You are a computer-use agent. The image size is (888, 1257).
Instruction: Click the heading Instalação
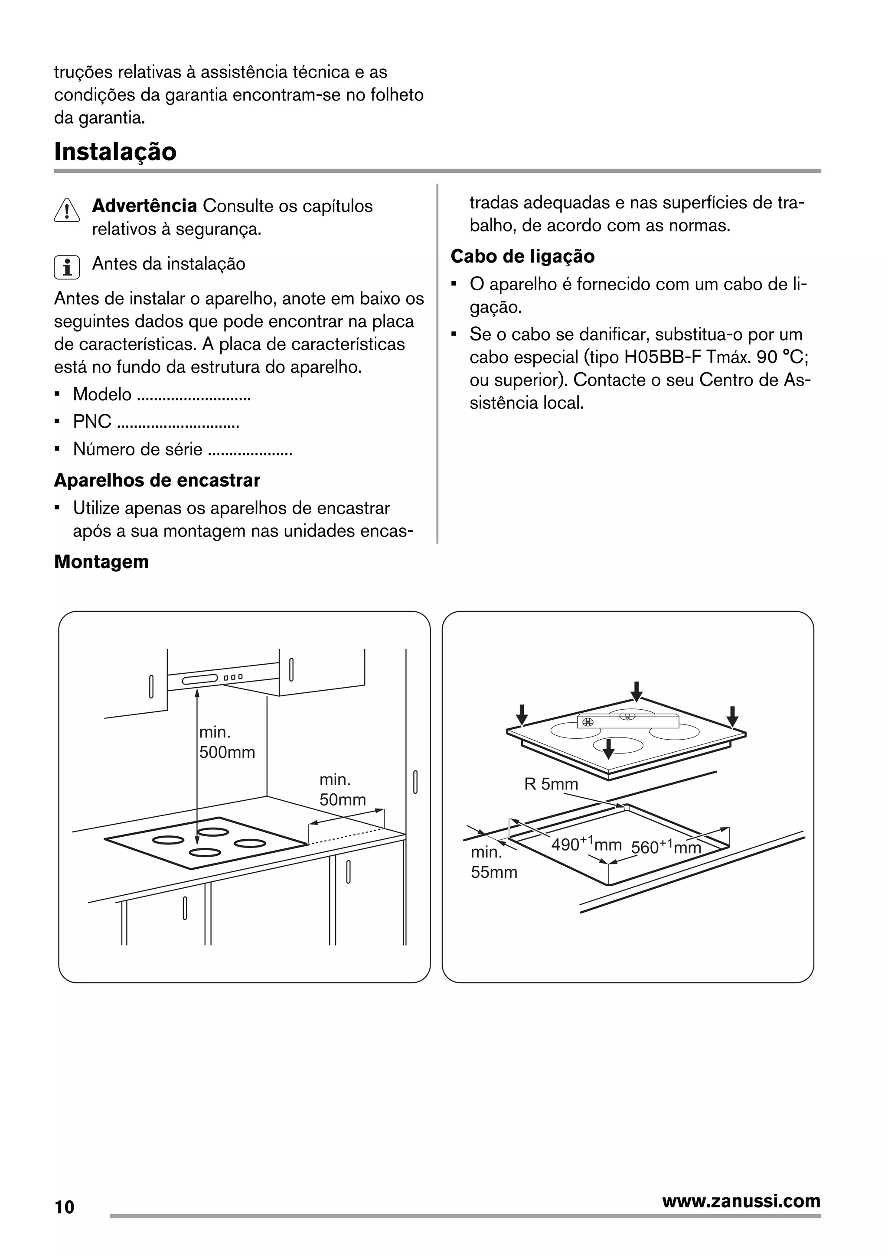[115, 152]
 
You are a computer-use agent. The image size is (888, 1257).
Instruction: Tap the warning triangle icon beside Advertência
[67, 210]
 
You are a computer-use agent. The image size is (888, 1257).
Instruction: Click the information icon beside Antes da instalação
[67, 267]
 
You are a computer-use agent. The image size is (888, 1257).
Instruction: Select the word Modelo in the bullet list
[102, 394]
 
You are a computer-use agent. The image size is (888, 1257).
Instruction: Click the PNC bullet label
[91, 422]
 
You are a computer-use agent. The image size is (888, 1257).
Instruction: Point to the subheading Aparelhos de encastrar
[157, 480]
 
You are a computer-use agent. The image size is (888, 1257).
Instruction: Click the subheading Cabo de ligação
[522, 256]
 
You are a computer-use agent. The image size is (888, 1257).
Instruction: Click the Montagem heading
[101, 562]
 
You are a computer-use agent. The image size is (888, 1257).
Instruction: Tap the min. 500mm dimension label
[226, 742]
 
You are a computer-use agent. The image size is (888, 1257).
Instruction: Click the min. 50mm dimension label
[343, 789]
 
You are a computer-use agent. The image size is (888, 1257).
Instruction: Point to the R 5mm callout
[551, 784]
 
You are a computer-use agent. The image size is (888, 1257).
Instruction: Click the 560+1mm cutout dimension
[665, 847]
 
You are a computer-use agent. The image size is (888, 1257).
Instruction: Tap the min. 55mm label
[493, 862]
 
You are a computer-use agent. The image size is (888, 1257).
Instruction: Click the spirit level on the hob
[627, 721]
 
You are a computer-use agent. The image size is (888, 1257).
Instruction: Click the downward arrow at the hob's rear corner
[636, 692]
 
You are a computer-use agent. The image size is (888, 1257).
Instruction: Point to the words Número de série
[137, 449]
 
